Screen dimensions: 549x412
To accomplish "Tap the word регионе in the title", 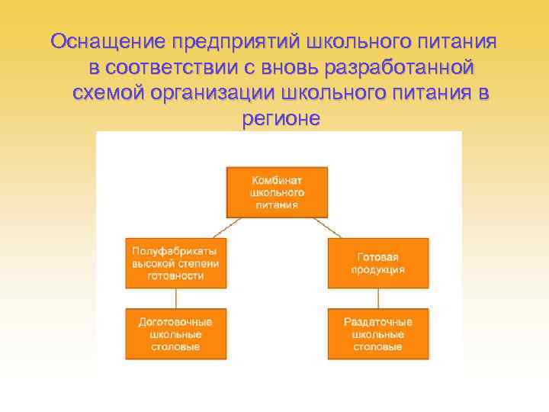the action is click(x=281, y=119).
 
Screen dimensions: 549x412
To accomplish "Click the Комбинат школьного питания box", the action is click(x=277, y=192).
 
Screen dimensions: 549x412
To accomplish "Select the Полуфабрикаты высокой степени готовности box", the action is click(x=176, y=263).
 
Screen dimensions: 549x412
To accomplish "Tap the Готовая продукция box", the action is click(x=377, y=263).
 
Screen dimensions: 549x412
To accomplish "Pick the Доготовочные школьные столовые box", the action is click(x=176, y=333).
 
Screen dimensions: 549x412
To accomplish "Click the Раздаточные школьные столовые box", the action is click(x=377, y=333).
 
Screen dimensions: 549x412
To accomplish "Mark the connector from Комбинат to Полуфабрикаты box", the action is click(x=225, y=228).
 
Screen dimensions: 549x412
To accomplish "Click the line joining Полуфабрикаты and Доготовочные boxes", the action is click(x=176, y=298).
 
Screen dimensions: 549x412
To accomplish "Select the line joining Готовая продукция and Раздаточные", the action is click(x=377, y=298).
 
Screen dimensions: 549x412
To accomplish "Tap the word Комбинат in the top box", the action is click(x=277, y=180).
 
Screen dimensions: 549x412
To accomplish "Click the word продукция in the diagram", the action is click(x=377, y=269).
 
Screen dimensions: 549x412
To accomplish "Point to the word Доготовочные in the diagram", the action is click(x=176, y=322).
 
